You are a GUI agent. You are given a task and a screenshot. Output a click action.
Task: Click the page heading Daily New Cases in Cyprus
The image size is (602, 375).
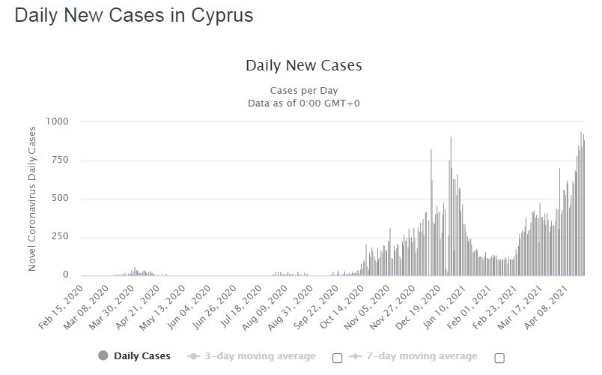coord(134,16)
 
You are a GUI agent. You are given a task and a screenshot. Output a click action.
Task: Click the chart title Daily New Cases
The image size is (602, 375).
coord(303,65)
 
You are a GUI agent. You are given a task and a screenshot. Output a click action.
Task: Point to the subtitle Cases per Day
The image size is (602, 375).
coord(303,91)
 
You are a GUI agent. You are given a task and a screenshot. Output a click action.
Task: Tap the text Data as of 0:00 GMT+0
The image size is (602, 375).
coord(303,103)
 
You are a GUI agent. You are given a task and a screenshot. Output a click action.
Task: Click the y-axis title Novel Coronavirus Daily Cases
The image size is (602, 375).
coord(32,199)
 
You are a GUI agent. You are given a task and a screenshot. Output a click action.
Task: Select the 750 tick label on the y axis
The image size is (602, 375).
coord(59,160)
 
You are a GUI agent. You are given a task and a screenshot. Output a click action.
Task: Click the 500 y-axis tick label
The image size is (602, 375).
coord(59,199)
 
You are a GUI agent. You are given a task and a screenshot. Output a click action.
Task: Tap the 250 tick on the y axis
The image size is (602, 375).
coord(59,237)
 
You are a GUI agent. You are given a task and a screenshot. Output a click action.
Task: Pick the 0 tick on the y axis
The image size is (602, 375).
coord(65,275)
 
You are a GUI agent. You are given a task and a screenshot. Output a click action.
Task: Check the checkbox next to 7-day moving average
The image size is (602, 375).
coord(499,358)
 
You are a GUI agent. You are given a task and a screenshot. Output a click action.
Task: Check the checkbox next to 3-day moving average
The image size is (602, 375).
coord(337,358)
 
